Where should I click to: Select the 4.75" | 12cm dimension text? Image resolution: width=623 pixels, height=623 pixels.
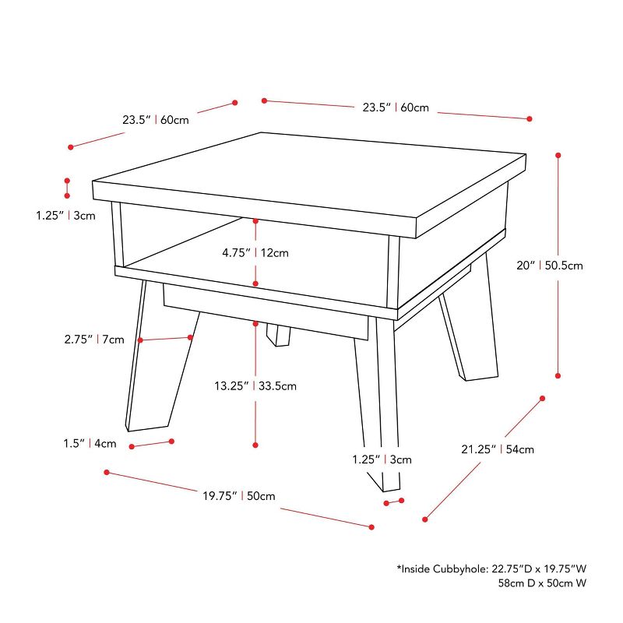[255, 252]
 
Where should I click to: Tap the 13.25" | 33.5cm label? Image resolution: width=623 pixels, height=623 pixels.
[255, 385]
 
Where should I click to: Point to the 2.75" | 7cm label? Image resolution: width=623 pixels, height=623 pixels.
[94, 340]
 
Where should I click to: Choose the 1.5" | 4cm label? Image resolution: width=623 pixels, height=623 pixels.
[90, 444]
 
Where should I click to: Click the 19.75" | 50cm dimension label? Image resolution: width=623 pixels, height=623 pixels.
[238, 496]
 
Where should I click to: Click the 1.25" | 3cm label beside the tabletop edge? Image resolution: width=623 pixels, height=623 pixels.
[65, 216]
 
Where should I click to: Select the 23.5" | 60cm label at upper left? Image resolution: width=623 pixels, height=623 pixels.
[155, 120]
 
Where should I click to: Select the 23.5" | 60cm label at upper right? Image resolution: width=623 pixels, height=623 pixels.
[396, 107]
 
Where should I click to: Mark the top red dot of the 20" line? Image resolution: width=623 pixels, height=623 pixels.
[558, 156]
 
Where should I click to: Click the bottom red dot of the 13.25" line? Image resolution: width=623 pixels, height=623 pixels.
[255, 445]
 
